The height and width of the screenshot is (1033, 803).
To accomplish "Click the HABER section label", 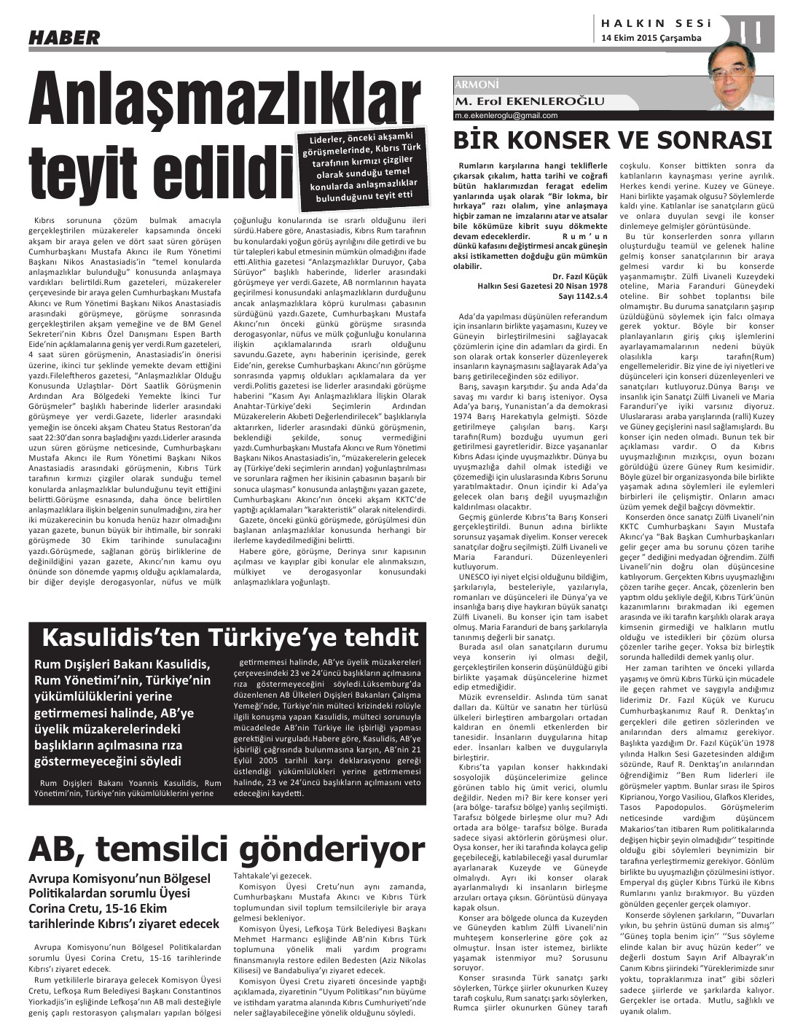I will (x=64, y=37).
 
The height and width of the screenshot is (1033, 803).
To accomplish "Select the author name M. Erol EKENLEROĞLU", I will (x=529, y=101).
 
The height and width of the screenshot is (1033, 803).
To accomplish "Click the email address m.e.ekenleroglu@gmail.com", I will (x=506, y=115).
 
